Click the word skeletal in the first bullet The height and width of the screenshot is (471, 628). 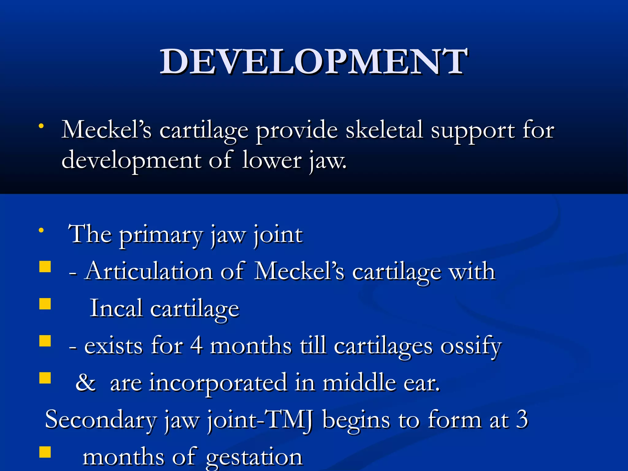(385, 130)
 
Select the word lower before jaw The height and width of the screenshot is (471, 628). (272, 160)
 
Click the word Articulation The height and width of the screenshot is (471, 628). (149, 271)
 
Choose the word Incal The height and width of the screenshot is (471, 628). (116, 308)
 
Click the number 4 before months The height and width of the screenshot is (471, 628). (196, 346)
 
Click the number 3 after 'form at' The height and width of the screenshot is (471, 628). (522, 419)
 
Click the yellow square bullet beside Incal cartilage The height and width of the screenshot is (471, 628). (45, 304)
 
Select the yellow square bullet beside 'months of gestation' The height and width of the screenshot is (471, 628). (45, 452)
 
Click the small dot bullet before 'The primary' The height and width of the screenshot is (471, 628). (41, 230)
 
